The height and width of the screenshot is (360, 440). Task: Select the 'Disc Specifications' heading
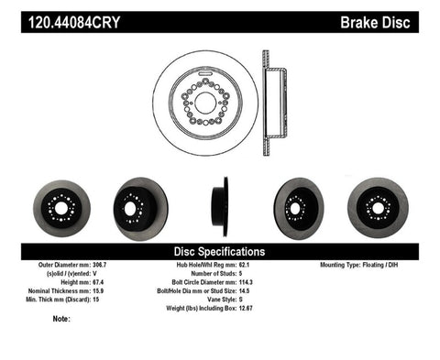(x=219, y=251)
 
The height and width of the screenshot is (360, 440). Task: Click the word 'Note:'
(x=61, y=319)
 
